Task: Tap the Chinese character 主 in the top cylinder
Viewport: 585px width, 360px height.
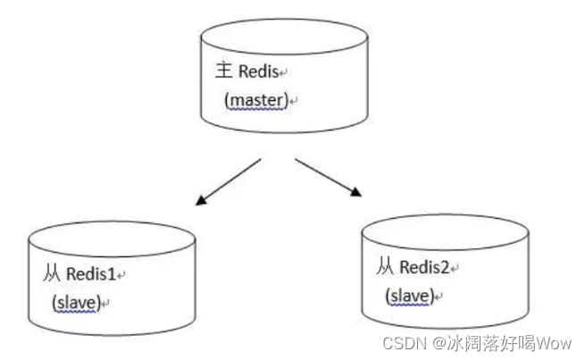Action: coord(223,70)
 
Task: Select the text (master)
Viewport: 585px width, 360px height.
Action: coord(257,100)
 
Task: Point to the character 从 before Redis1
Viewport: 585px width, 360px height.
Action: coord(51,273)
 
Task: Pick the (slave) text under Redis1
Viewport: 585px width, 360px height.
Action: coord(75,303)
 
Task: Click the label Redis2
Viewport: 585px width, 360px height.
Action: coord(425,265)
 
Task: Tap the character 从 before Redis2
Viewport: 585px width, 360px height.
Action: coord(385,265)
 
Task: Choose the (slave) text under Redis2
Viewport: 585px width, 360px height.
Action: coord(410,295)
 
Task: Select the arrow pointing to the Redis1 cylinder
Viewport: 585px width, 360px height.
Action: coord(227,182)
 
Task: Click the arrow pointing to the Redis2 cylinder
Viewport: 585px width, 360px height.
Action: coord(328,177)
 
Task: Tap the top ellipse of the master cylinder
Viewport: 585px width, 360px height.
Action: coord(284,36)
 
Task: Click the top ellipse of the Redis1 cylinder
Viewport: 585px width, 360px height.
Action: coord(112,239)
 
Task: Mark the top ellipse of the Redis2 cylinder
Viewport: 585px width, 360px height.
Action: coord(445,230)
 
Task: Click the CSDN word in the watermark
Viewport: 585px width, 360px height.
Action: coord(401,342)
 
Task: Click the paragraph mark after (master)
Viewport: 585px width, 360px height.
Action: coord(293,102)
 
